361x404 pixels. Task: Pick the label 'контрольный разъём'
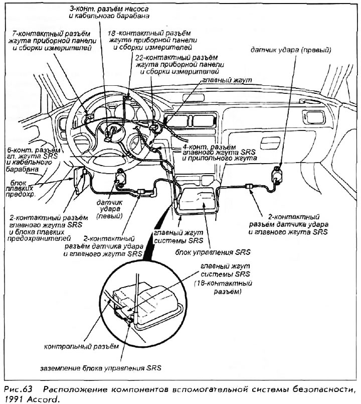pos(82,346)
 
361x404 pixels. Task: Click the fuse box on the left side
pos(80,180)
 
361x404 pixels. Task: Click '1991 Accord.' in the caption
pos(30,399)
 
